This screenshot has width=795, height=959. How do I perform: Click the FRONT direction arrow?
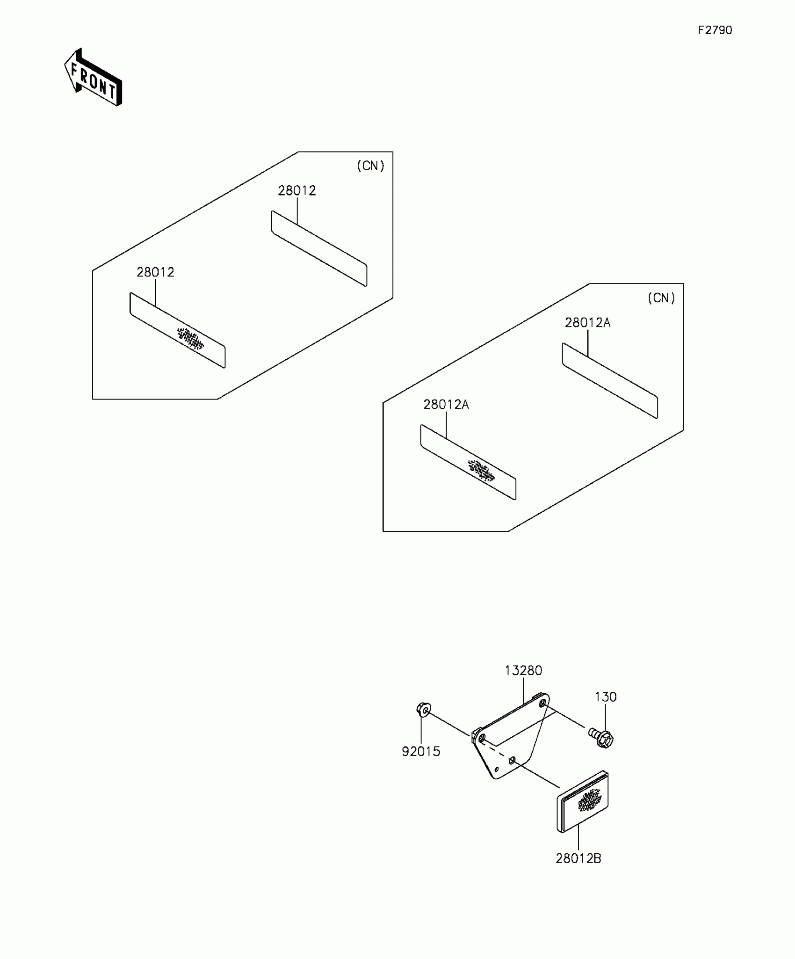[94, 77]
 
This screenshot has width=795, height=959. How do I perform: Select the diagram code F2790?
[715, 30]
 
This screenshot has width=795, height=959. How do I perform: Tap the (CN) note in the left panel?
[370, 166]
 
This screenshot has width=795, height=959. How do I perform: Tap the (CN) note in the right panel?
[661, 298]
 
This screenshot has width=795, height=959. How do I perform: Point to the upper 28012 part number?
[297, 191]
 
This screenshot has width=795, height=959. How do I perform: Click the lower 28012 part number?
[155, 272]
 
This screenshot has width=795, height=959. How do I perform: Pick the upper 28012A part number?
[587, 323]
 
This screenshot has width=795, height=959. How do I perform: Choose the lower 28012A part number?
[446, 405]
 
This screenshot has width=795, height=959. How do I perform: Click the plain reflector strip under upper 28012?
[319, 248]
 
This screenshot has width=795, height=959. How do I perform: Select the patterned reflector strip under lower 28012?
[178, 330]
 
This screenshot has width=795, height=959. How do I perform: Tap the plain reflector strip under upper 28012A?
[610, 380]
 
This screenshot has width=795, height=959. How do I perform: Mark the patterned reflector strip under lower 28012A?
[468, 462]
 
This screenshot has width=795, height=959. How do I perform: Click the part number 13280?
[523, 671]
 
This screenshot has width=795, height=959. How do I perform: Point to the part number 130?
[606, 697]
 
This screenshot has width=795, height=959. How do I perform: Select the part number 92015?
[421, 752]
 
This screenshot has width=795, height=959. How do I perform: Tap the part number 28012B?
[578, 859]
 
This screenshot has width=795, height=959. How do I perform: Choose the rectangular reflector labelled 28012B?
[583, 802]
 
